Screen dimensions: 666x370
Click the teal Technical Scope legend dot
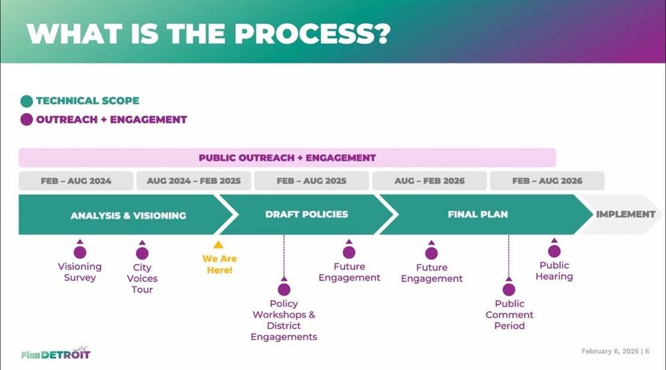point(27,101)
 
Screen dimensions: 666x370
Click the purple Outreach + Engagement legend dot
point(27,119)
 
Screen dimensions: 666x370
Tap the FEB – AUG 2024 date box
point(76,181)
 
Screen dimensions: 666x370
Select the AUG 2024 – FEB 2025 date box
point(194,181)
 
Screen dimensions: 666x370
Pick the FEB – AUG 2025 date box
point(311,181)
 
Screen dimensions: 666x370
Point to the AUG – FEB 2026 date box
point(430,181)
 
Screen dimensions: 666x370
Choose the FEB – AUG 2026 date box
point(547,181)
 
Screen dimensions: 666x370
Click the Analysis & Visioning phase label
point(129,215)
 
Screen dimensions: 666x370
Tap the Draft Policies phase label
point(306,215)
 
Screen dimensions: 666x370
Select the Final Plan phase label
point(478,215)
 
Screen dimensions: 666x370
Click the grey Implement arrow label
point(625,215)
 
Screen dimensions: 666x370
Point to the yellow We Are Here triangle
point(218,245)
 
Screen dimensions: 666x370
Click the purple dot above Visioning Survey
point(80,253)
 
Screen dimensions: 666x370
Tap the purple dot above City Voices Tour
point(143,253)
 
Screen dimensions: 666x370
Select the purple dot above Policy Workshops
point(284,289)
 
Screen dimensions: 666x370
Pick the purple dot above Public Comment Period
point(509,289)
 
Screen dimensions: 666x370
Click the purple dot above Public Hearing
point(554,251)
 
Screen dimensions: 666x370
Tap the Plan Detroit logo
point(56,353)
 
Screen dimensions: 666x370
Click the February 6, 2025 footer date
point(610,351)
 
